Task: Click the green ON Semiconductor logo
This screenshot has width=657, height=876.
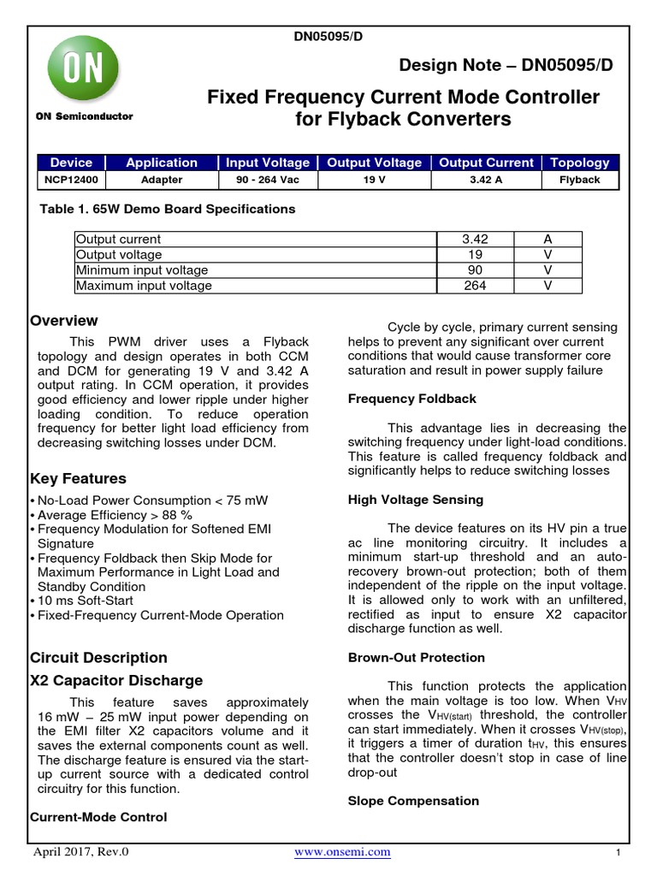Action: [x=83, y=72]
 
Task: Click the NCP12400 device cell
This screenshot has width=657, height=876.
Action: [x=71, y=180]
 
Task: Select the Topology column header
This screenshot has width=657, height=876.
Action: [x=580, y=163]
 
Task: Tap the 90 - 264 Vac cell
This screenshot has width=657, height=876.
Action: [x=268, y=180]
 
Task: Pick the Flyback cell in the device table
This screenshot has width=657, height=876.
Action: [x=580, y=180]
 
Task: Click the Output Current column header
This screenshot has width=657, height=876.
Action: [x=486, y=163]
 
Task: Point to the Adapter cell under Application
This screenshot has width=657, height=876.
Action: [x=161, y=180]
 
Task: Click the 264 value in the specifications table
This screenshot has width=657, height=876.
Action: [x=476, y=286]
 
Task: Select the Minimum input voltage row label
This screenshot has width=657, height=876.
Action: [x=141, y=270]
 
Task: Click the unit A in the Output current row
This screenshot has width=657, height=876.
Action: [x=547, y=240]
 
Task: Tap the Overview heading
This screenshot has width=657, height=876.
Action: [x=64, y=321]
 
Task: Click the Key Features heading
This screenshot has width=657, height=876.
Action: [x=78, y=478]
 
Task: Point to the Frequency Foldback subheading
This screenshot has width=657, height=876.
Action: [x=411, y=399]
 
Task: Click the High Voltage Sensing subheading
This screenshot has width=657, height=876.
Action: [x=415, y=499]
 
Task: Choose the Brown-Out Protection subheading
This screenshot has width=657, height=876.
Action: [x=416, y=657]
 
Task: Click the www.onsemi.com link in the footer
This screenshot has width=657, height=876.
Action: [x=342, y=851]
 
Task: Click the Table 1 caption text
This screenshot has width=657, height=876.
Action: [x=168, y=209]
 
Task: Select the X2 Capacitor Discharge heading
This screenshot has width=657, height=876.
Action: [x=116, y=680]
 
